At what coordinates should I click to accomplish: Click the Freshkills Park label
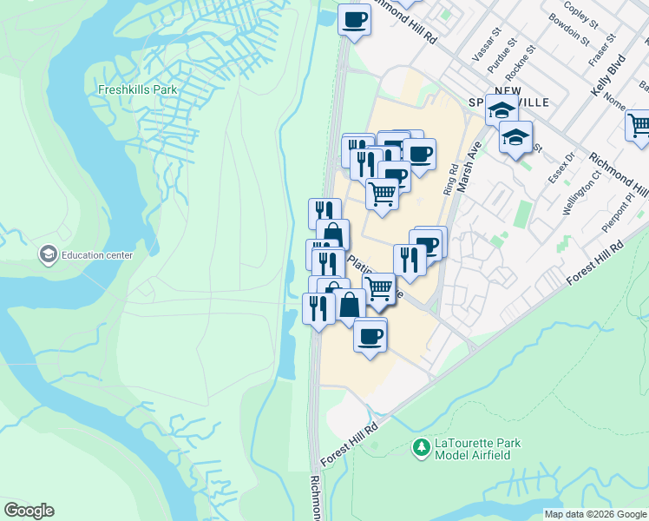click(x=132, y=89)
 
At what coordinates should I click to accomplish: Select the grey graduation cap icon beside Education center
click(x=48, y=254)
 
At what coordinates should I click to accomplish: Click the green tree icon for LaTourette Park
click(x=422, y=448)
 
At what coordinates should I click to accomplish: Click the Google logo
click(x=29, y=511)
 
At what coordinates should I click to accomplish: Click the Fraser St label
click(x=600, y=50)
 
